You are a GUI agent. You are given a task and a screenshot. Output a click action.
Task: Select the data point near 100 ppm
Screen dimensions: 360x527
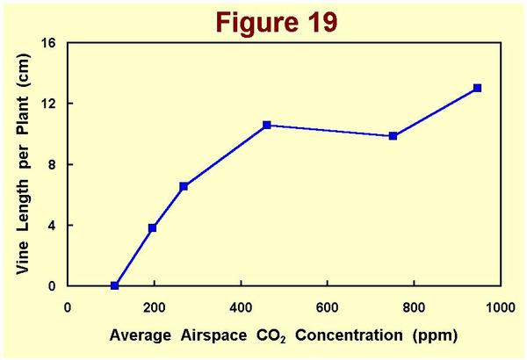115,285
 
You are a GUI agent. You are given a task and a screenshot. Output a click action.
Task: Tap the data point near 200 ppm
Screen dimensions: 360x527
153,228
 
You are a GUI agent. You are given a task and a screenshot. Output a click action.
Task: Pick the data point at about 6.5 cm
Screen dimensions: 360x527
184,186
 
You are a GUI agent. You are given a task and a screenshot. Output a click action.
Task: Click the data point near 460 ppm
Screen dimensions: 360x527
267,126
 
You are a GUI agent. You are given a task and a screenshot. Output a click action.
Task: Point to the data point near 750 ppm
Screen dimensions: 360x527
393,136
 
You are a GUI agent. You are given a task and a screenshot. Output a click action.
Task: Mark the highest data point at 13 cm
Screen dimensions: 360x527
477,88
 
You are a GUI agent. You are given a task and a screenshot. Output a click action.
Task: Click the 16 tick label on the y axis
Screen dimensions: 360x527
49,43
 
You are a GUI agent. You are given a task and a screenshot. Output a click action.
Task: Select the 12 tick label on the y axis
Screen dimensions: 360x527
49,104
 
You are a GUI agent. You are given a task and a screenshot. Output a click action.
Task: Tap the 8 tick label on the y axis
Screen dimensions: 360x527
53,164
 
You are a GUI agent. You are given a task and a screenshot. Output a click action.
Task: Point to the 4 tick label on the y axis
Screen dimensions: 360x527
53,225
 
